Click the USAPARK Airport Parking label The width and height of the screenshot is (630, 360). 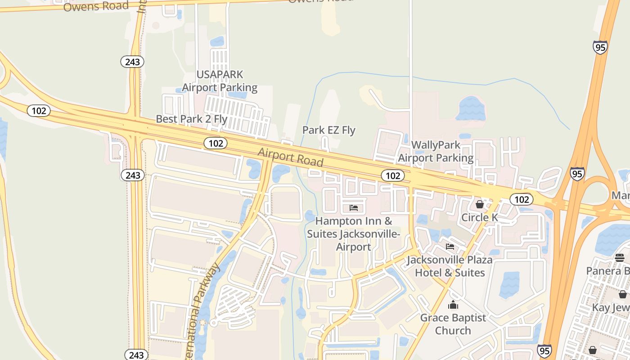(x=220, y=81)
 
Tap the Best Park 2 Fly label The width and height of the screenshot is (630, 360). (x=192, y=119)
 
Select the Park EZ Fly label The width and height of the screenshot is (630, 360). (x=329, y=130)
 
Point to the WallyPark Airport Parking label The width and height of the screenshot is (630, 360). (x=436, y=151)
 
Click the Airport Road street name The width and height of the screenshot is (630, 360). (x=291, y=157)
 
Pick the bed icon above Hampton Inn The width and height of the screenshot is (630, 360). (x=354, y=208)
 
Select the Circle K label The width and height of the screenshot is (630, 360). (x=480, y=218)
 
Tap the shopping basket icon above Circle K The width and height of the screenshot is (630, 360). (x=480, y=205)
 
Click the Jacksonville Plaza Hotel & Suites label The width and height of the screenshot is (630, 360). (x=450, y=266)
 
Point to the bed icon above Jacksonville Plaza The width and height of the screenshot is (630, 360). (x=450, y=247)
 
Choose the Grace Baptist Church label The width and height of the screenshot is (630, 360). (x=453, y=324)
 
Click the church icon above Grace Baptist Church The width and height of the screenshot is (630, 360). (x=453, y=305)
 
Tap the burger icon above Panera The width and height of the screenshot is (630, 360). (x=620, y=258)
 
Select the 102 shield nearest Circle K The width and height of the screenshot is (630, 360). (x=522, y=199)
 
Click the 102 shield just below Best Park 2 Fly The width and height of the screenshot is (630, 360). (x=216, y=143)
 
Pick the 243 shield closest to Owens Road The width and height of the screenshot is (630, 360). (x=132, y=62)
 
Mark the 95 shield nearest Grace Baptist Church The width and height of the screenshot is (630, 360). (x=544, y=350)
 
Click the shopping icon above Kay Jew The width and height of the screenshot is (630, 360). (x=622, y=294)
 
